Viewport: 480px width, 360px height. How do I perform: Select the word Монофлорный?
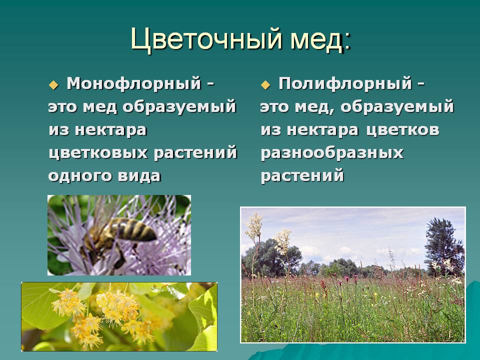134,84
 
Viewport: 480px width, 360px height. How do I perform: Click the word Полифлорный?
345,84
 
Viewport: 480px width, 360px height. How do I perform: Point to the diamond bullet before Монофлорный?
53,85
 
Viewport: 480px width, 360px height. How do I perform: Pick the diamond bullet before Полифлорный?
265,85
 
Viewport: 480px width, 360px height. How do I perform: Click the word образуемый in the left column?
179,107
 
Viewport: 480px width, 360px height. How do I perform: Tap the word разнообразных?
332,153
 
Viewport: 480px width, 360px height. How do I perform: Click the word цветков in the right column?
402,130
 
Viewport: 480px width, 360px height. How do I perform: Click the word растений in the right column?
302,176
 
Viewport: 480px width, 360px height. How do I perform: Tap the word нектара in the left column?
110,130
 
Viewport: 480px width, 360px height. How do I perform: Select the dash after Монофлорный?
210,84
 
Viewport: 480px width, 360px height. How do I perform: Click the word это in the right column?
274,107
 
